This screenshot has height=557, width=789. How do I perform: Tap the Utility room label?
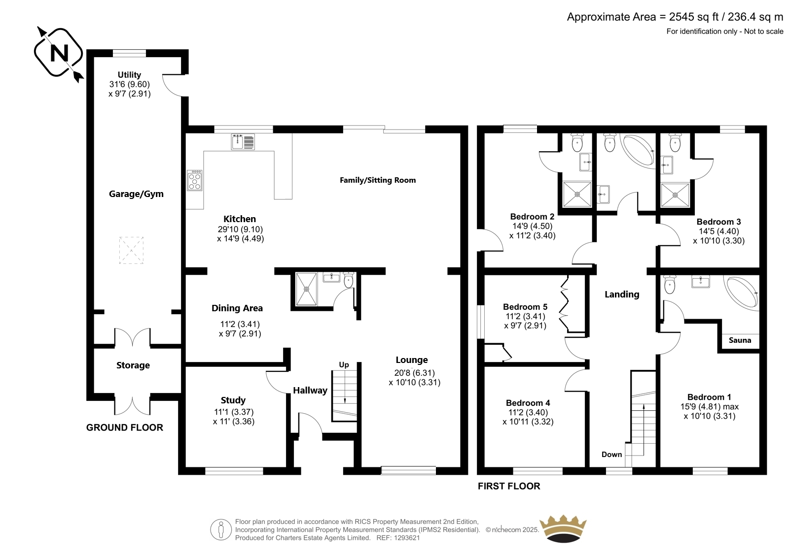tap(129, 74)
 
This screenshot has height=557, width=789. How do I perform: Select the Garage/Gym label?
tap(136, 194)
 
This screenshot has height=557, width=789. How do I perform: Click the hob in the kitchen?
tap(195, 181)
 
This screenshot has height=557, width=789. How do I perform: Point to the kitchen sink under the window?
tap(243, 141)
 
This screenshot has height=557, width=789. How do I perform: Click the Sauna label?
tap(740, 340)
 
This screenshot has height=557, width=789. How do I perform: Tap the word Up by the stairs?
tap(344, 365)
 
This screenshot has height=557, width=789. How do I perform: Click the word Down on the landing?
tap(611, 454)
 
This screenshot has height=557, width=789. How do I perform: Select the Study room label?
tap(233, 400)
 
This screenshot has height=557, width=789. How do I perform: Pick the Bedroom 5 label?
tap(525, 307)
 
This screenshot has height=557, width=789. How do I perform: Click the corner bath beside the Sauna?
tap(742, 293)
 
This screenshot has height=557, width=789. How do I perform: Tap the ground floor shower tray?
tap(306, 289)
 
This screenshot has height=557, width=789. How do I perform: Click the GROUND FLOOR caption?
tap(125, 427)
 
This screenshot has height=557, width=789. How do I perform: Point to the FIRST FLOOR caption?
tap(509, 486)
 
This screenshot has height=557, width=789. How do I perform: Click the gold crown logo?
tap(563, 528)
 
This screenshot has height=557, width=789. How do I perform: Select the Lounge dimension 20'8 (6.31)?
tap(415, 373)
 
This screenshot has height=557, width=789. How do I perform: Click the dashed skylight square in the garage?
tap(131, 250)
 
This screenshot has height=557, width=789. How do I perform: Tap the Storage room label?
tap(133, 365)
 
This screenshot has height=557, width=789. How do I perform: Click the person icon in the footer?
tap(221, 529)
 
